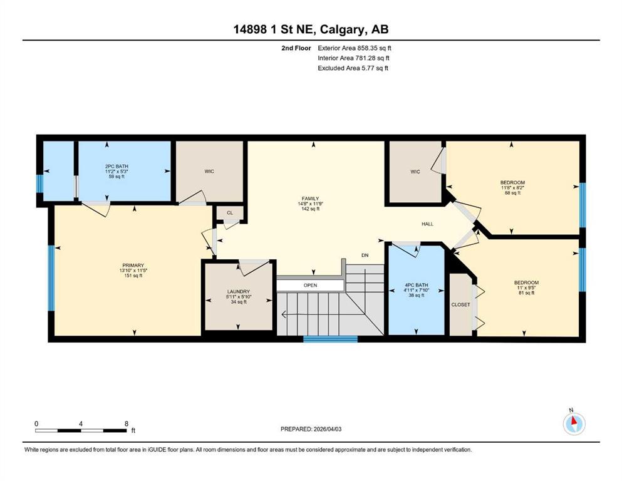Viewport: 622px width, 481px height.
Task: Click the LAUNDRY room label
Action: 239,291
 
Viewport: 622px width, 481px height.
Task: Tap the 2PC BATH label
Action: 117,166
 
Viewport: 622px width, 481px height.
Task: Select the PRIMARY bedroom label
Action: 133,266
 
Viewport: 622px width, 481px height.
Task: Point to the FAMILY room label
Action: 310,199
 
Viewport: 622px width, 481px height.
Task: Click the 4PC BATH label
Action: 417,285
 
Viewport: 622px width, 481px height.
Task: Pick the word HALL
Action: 427,224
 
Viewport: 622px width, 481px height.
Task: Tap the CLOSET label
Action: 460,304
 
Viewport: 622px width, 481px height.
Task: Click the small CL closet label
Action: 230,213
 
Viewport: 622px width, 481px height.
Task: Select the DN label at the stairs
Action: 365,256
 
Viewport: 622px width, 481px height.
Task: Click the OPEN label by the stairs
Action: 310,285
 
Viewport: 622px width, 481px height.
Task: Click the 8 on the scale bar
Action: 127,423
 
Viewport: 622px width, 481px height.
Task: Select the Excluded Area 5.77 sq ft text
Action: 353,68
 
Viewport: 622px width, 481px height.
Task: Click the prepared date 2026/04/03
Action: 328,429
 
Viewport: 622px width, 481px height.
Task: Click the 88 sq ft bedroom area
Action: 512,193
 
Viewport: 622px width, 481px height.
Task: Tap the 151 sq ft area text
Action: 133,275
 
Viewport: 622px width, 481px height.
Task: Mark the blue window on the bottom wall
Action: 331,339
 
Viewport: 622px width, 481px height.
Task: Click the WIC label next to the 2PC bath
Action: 209,172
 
